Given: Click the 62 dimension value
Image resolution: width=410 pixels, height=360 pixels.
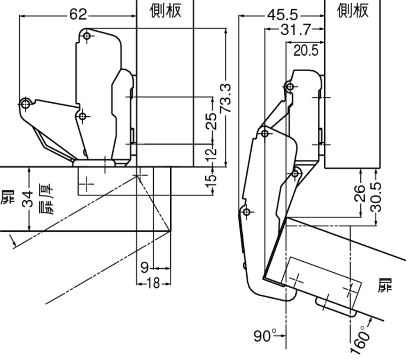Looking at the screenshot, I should pyautogui.click(x=78, y=15).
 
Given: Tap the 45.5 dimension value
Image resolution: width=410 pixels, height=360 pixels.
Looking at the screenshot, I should pyautogui.click(x=282, y=15).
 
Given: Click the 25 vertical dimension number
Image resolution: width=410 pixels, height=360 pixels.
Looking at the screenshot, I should pyautogui.click(x=212, y=121).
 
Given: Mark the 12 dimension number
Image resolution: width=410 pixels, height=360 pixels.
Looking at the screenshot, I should pyautogui.click(x=212, y=154).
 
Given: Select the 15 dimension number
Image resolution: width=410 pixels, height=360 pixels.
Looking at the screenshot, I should pyautogui.click(x=212, y=180).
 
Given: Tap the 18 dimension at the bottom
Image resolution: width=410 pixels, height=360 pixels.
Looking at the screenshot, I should pyautogui.click(x=153, y=283).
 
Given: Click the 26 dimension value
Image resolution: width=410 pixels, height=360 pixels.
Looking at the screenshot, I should pyautogui.click(x=360, y=192).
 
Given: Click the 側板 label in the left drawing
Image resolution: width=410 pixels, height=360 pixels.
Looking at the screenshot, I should pyautogui.click(x=165, y=11).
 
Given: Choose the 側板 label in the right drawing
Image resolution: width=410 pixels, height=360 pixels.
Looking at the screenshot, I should pyautogui.click(x=353, y=11).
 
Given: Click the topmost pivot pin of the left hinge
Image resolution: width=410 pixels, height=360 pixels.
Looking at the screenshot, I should pyautogui.click(x=87, y=36).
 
